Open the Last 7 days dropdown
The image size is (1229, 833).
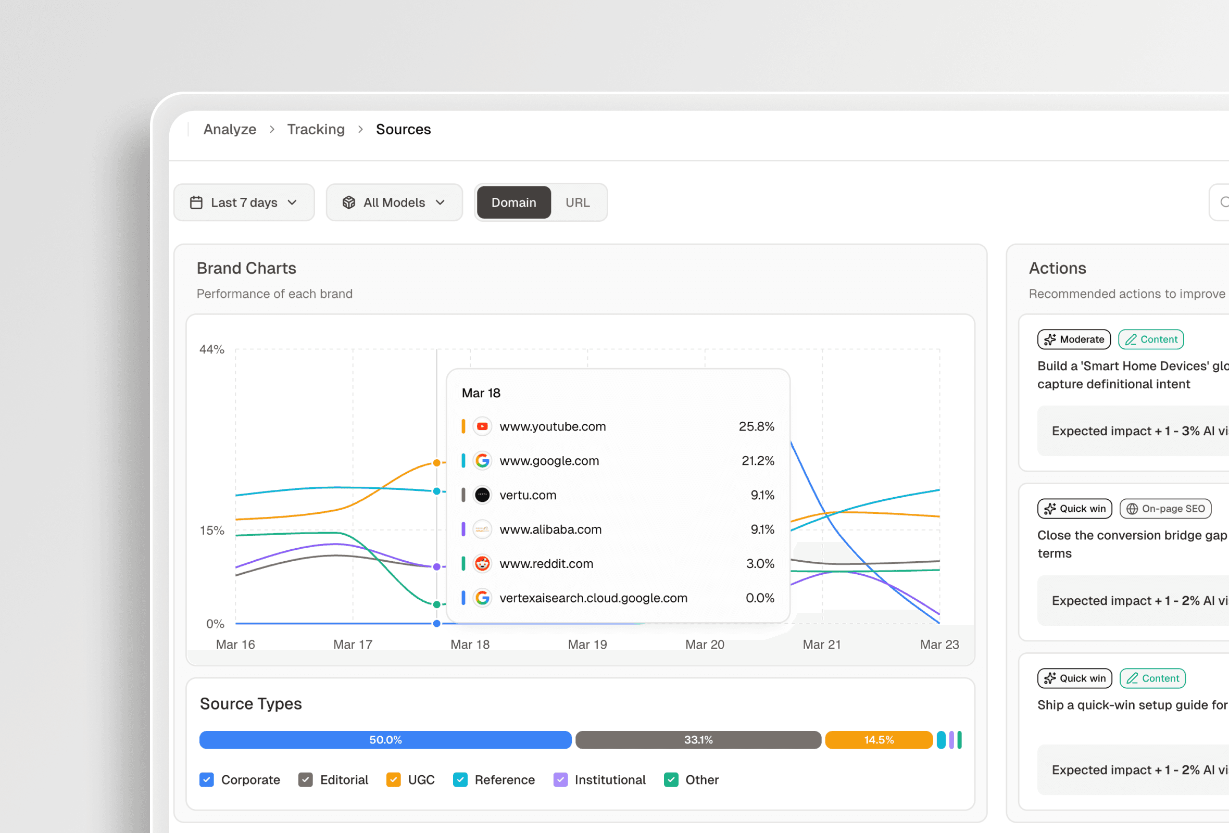244,203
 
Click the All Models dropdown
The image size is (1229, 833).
394,203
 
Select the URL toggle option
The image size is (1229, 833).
577,203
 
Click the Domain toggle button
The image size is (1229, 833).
513,203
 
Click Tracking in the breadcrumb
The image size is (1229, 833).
316,130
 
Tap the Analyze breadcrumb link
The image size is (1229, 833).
230,130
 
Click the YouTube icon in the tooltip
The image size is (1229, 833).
482,426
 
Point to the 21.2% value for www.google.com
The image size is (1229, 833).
757,461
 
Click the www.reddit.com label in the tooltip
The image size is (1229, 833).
546,564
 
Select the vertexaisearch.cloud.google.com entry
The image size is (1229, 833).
593,598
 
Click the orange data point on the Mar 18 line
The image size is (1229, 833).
437,463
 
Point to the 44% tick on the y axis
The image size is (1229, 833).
211,349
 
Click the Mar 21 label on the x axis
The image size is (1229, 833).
821,645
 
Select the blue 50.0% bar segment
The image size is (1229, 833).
385,740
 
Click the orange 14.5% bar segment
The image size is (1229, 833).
879,740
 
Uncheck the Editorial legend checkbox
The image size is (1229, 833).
306,779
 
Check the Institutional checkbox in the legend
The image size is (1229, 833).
560,779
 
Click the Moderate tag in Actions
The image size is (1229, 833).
1073,339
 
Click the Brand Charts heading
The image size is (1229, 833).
246,269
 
